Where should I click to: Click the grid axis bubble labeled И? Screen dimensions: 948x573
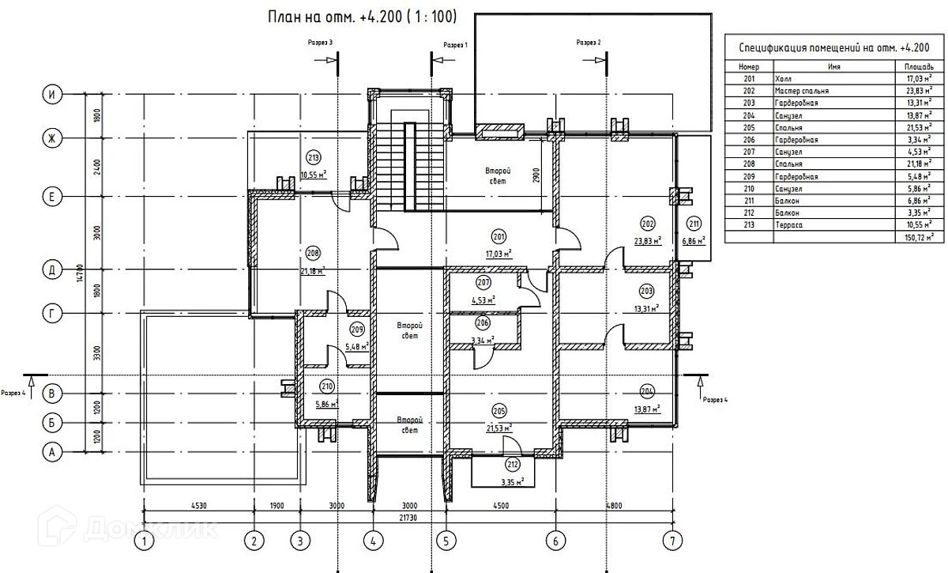(52, 94)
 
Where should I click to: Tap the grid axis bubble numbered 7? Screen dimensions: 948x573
(672, 541)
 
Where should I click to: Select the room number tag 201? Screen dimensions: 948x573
(498, 236)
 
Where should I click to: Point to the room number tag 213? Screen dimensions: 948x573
(314, 158)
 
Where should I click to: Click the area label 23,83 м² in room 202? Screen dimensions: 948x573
(647, 241)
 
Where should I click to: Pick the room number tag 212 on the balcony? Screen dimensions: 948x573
(511, 465)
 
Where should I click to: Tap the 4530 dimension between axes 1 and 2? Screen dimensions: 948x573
(199, 505)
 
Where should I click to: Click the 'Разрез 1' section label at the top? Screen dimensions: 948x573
(456, 46)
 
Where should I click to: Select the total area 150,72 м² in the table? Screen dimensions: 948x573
(920, 237)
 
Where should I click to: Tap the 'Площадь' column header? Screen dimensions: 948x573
(919, 67)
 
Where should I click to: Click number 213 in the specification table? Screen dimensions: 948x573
(750, 225)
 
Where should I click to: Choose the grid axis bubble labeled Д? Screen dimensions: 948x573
(52, 270)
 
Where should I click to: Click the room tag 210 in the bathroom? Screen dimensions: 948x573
(327, 386)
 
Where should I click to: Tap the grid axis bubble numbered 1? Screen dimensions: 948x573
(144, 541)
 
